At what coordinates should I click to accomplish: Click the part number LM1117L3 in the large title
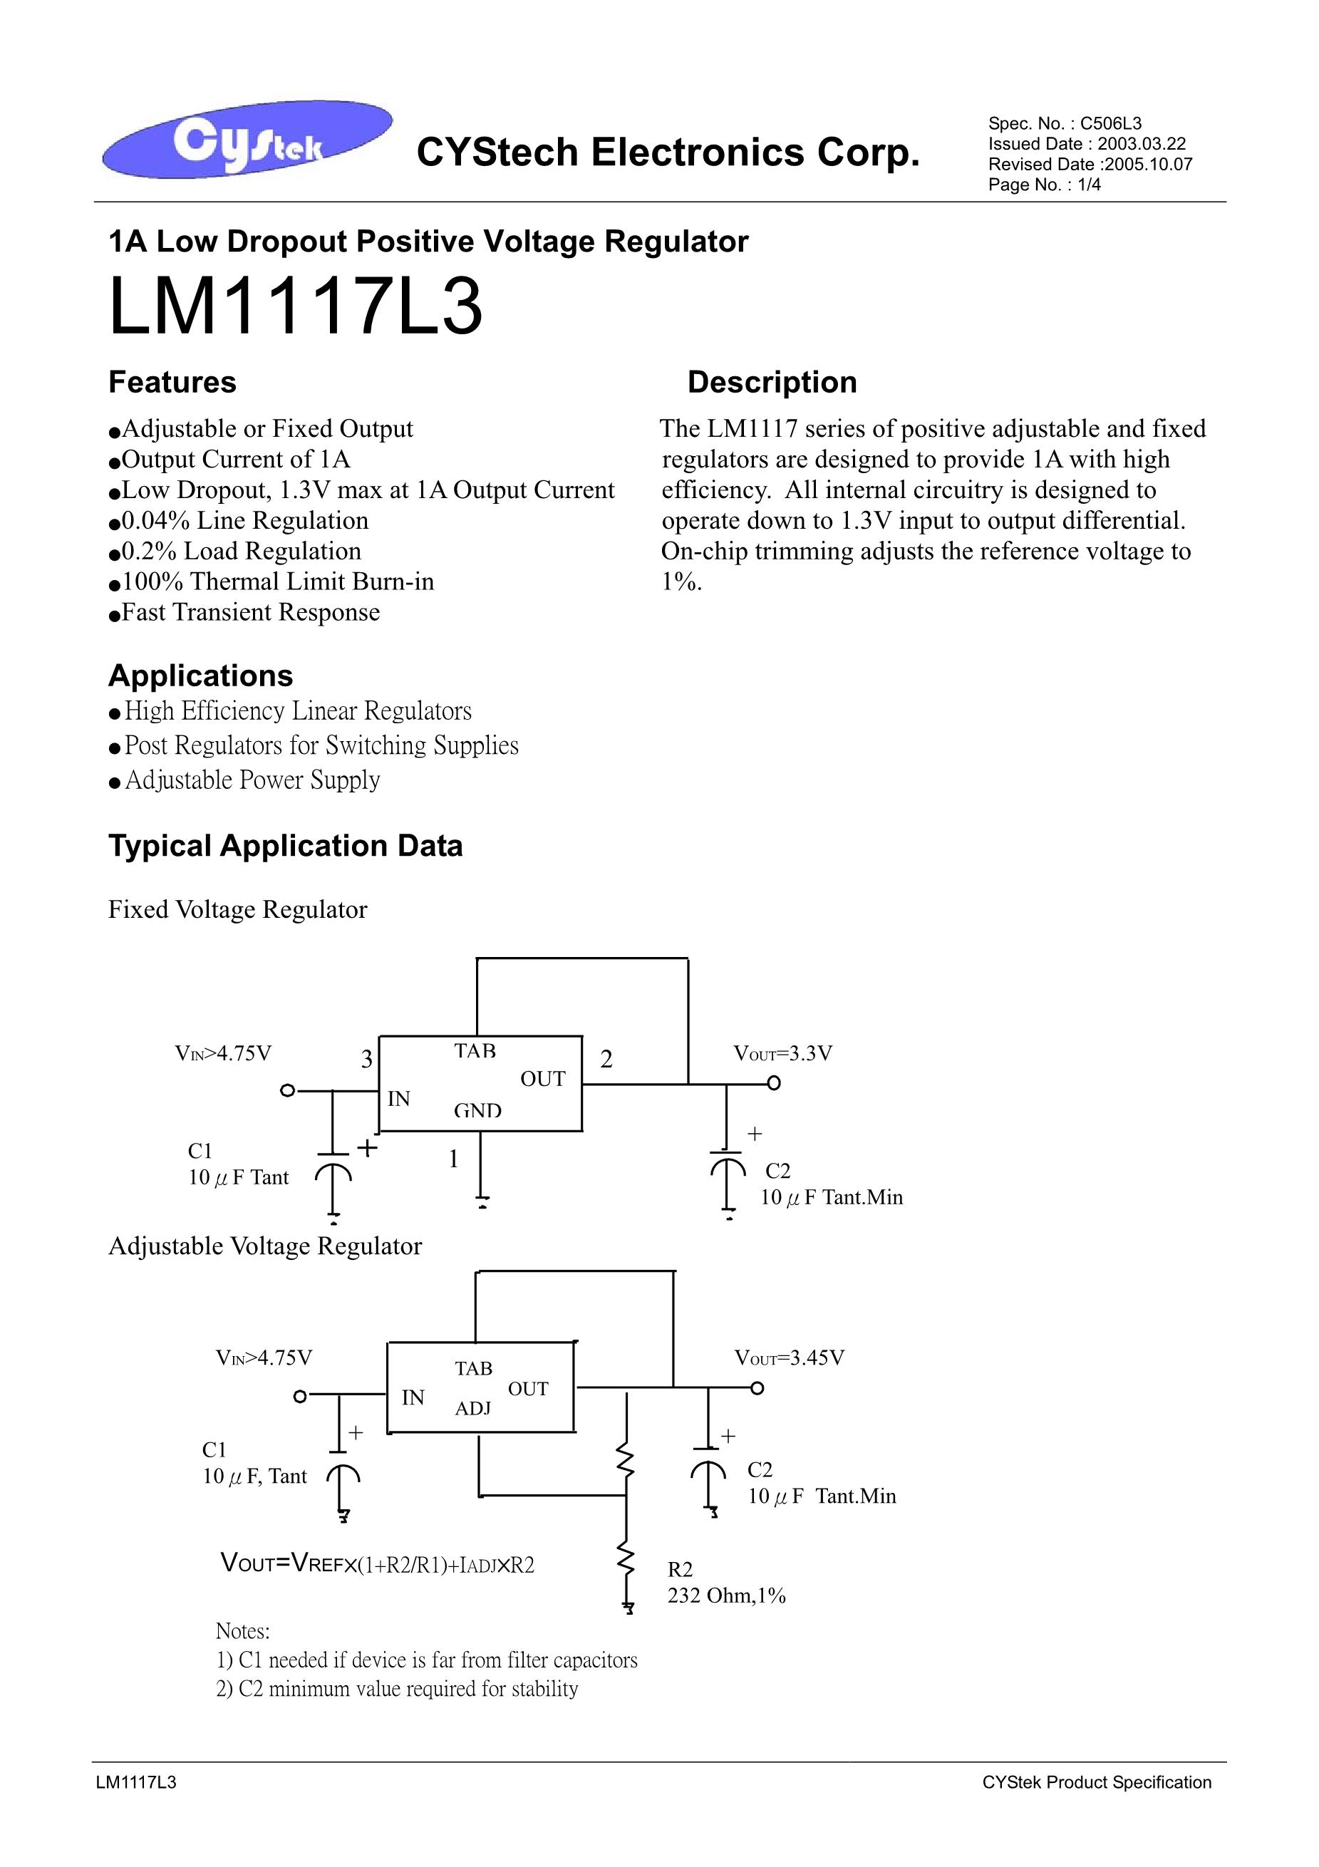click(x=295, y=307)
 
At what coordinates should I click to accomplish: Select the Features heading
click(x=172, y=382)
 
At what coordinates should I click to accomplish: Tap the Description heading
click(x=772, y=382)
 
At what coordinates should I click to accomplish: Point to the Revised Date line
click(x=1090, y=165)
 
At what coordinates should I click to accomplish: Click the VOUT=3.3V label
click(x=782, y=1054)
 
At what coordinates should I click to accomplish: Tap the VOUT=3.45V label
click(x=789, y=1358)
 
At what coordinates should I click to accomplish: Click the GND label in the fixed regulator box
click(x=477, y=1111)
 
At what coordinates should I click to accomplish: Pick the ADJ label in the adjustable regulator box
click(x=472, y=1408)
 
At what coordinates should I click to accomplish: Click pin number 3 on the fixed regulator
click(x=367, y=1059)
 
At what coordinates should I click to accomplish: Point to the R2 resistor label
click(x=680, y=1569)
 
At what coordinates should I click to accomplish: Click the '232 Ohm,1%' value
click(x=726, y=1596)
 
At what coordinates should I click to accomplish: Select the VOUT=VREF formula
click(x=378, y=1563)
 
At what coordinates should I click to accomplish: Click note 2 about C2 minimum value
click(x=397, y=1688)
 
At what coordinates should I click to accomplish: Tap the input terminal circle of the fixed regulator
click(x=286, y=1090)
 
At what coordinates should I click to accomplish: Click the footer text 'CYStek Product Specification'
click(x=1096, y=1782)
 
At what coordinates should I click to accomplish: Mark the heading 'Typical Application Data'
click(x=286, y=846)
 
